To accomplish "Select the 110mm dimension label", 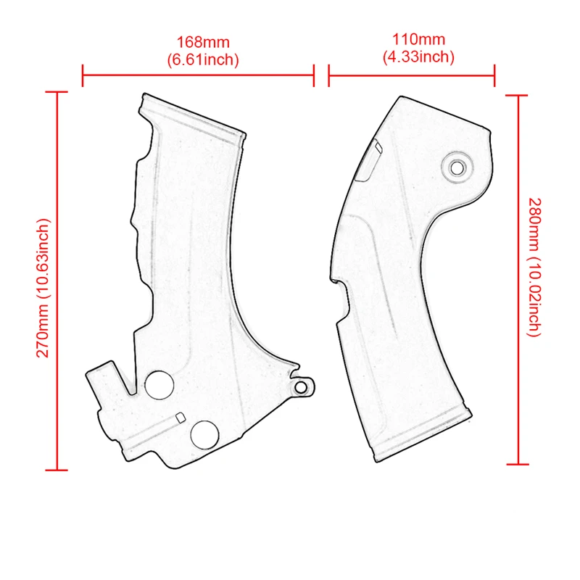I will [418, 40].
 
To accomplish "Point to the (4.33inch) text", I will [418, 56].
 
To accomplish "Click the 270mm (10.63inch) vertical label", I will [43, 287].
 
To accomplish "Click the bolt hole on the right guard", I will [457, 167].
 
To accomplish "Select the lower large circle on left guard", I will [204, 434].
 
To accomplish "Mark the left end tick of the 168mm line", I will [83, 75].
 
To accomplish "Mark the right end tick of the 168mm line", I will [314, 75].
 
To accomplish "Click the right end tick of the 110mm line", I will [494, 74].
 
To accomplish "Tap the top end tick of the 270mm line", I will [57, 92].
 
